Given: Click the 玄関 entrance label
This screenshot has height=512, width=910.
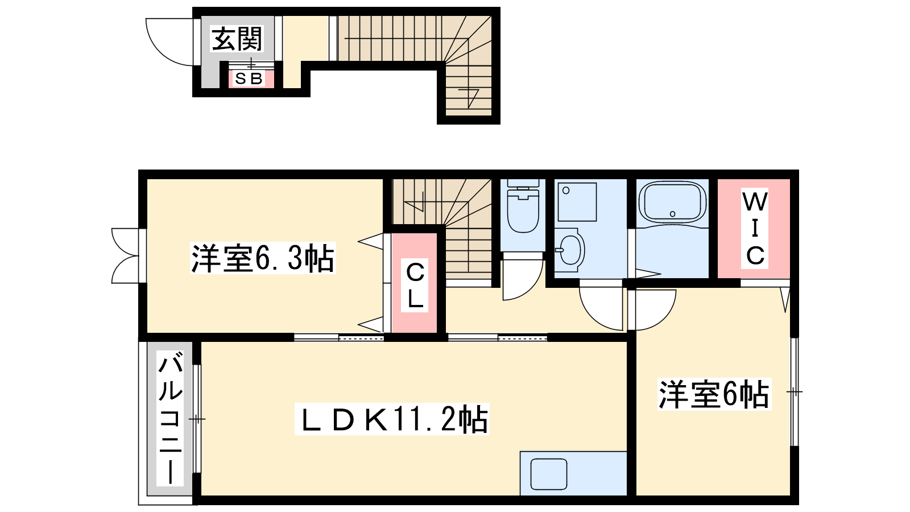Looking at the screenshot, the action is click(x=237, y=39).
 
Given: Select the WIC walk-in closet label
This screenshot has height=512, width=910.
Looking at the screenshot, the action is click(x=755, y=228).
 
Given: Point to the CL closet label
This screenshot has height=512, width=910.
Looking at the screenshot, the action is click(x=415, y=285).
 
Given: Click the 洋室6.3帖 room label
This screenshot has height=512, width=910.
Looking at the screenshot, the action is click(x=263, y=258).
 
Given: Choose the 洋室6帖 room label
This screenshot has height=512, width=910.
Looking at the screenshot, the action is click(x=714, y=394).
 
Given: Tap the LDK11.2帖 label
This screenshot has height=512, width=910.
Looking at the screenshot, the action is click(x=392, y=419).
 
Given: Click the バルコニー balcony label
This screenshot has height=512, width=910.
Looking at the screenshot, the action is click(x=170, y=419).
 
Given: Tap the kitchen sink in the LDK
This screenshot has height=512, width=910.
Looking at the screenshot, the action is click(x=549, y=474).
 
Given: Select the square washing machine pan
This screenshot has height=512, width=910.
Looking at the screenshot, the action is click(x=577, y=202).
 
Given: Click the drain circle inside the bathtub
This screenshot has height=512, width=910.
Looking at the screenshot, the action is click(x=672, y=214).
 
